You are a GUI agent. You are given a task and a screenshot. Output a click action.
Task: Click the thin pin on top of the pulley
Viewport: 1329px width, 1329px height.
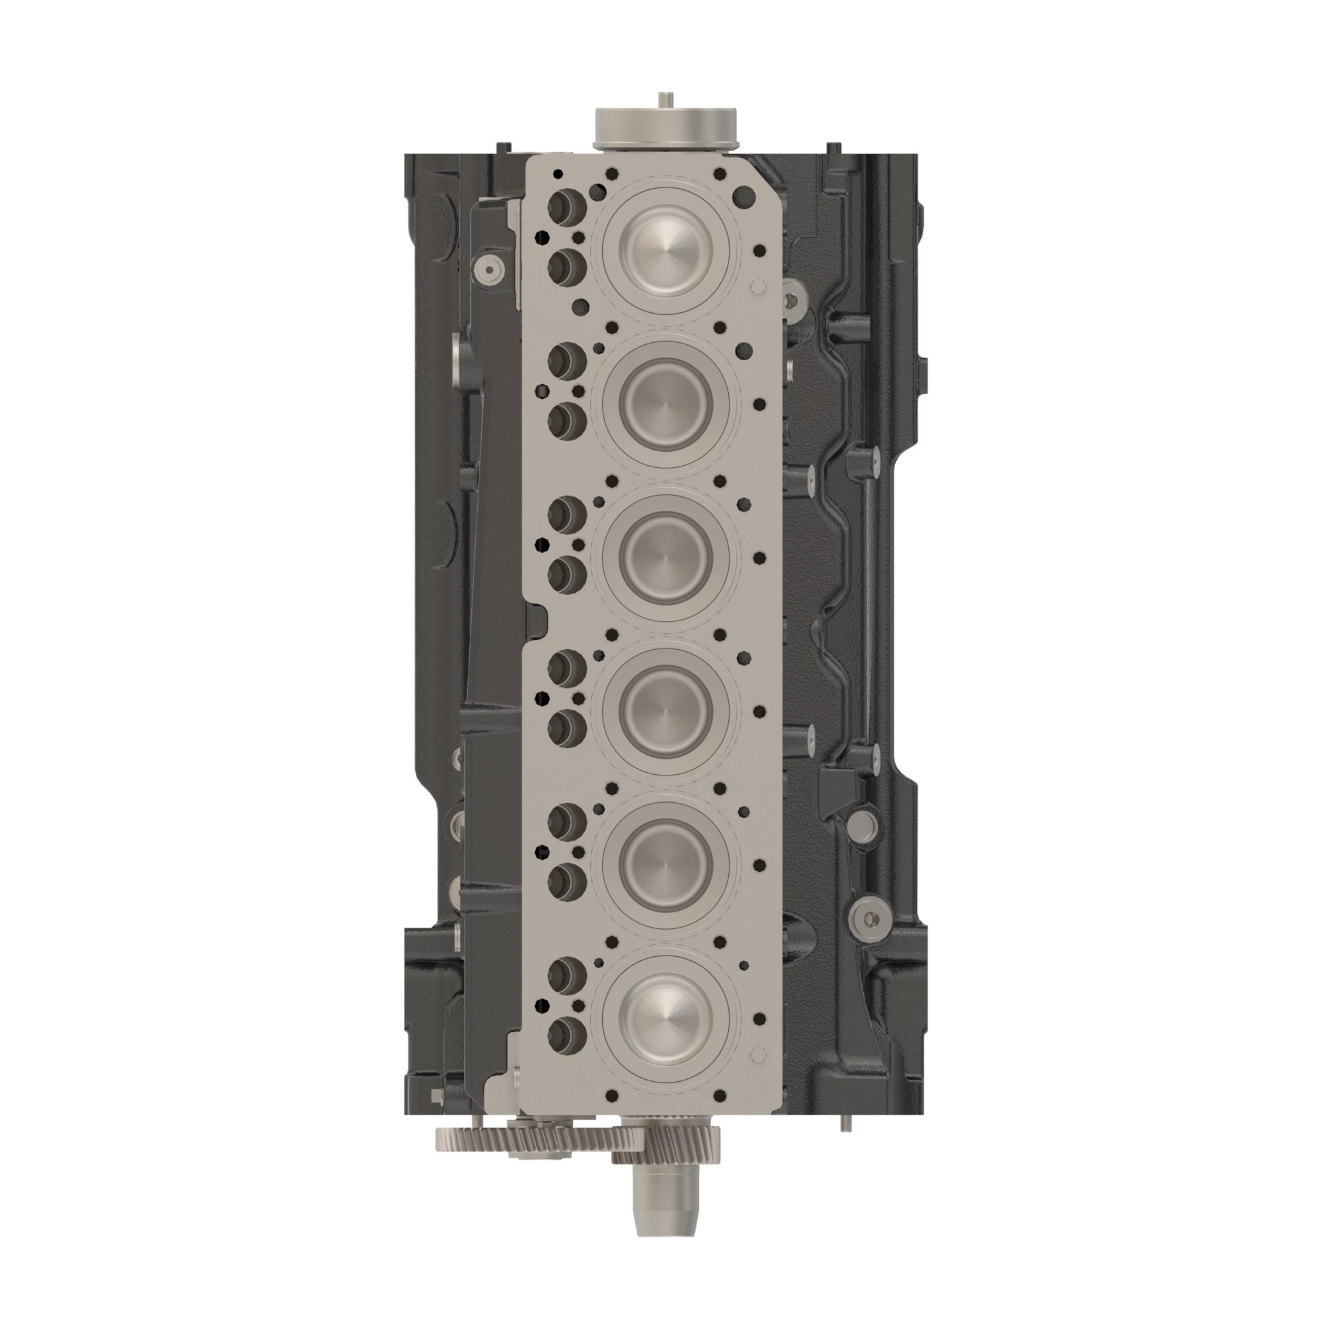tap(664, 100)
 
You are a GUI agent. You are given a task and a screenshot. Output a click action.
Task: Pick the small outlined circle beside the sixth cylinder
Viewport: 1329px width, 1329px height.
tap(760, 1053)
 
